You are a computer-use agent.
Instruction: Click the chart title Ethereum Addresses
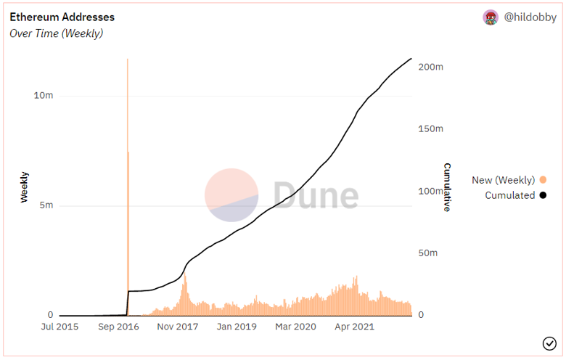62,17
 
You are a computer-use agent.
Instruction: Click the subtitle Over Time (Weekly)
56,33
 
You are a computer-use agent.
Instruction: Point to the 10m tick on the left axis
44,96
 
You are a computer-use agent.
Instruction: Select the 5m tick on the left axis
46,205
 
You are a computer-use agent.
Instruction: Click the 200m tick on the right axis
431,67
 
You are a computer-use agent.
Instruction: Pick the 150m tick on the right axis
431,129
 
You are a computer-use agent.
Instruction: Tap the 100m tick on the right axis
431,191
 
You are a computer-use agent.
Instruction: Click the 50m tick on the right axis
429,253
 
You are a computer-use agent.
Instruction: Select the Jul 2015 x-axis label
59,327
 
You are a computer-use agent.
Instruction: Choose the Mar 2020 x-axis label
296,327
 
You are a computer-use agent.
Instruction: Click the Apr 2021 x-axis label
354,327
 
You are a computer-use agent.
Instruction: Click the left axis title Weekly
25,187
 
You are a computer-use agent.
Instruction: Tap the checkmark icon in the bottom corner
549,343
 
